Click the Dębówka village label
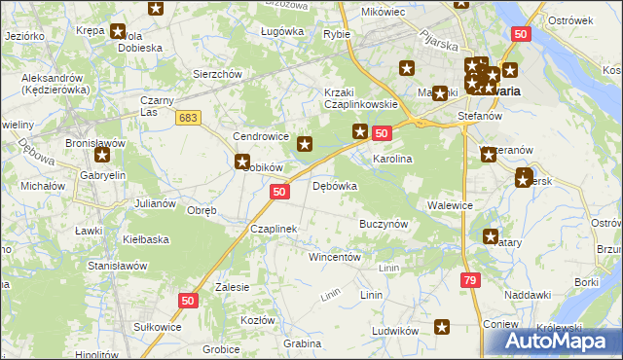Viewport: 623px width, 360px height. pyautogui.click(x=335, y=186)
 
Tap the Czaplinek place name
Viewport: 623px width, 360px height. pyautogui.click(x=274, y=229)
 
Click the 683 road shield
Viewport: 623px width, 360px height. pyautogui.click(x=189, y=118)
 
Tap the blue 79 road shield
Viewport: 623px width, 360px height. pyautogui.click(x=471, y=280)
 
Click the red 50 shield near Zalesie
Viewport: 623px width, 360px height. pyautogui.click(x=189, y=303)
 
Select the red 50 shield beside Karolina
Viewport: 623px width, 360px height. pyautogui.click(x=382, y=133)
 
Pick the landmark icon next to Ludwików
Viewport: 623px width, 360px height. pyautogui.click(x=443, y=328)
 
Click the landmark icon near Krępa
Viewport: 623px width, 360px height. pyautogui.click(x=119, y=31)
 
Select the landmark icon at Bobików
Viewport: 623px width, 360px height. pyautogui.click(x=242, y=162)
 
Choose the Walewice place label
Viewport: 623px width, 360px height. pyautogui.click(x=450, y=205)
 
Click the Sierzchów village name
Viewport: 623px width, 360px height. pyautogui.click(x=216, y=74)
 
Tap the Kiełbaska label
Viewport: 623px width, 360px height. pyautogui.click(x=146, y=238)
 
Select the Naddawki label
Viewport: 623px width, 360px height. pyautogui.click(x=529, y=295)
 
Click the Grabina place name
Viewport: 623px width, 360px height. pyautogui.click(x=302, y=343)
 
